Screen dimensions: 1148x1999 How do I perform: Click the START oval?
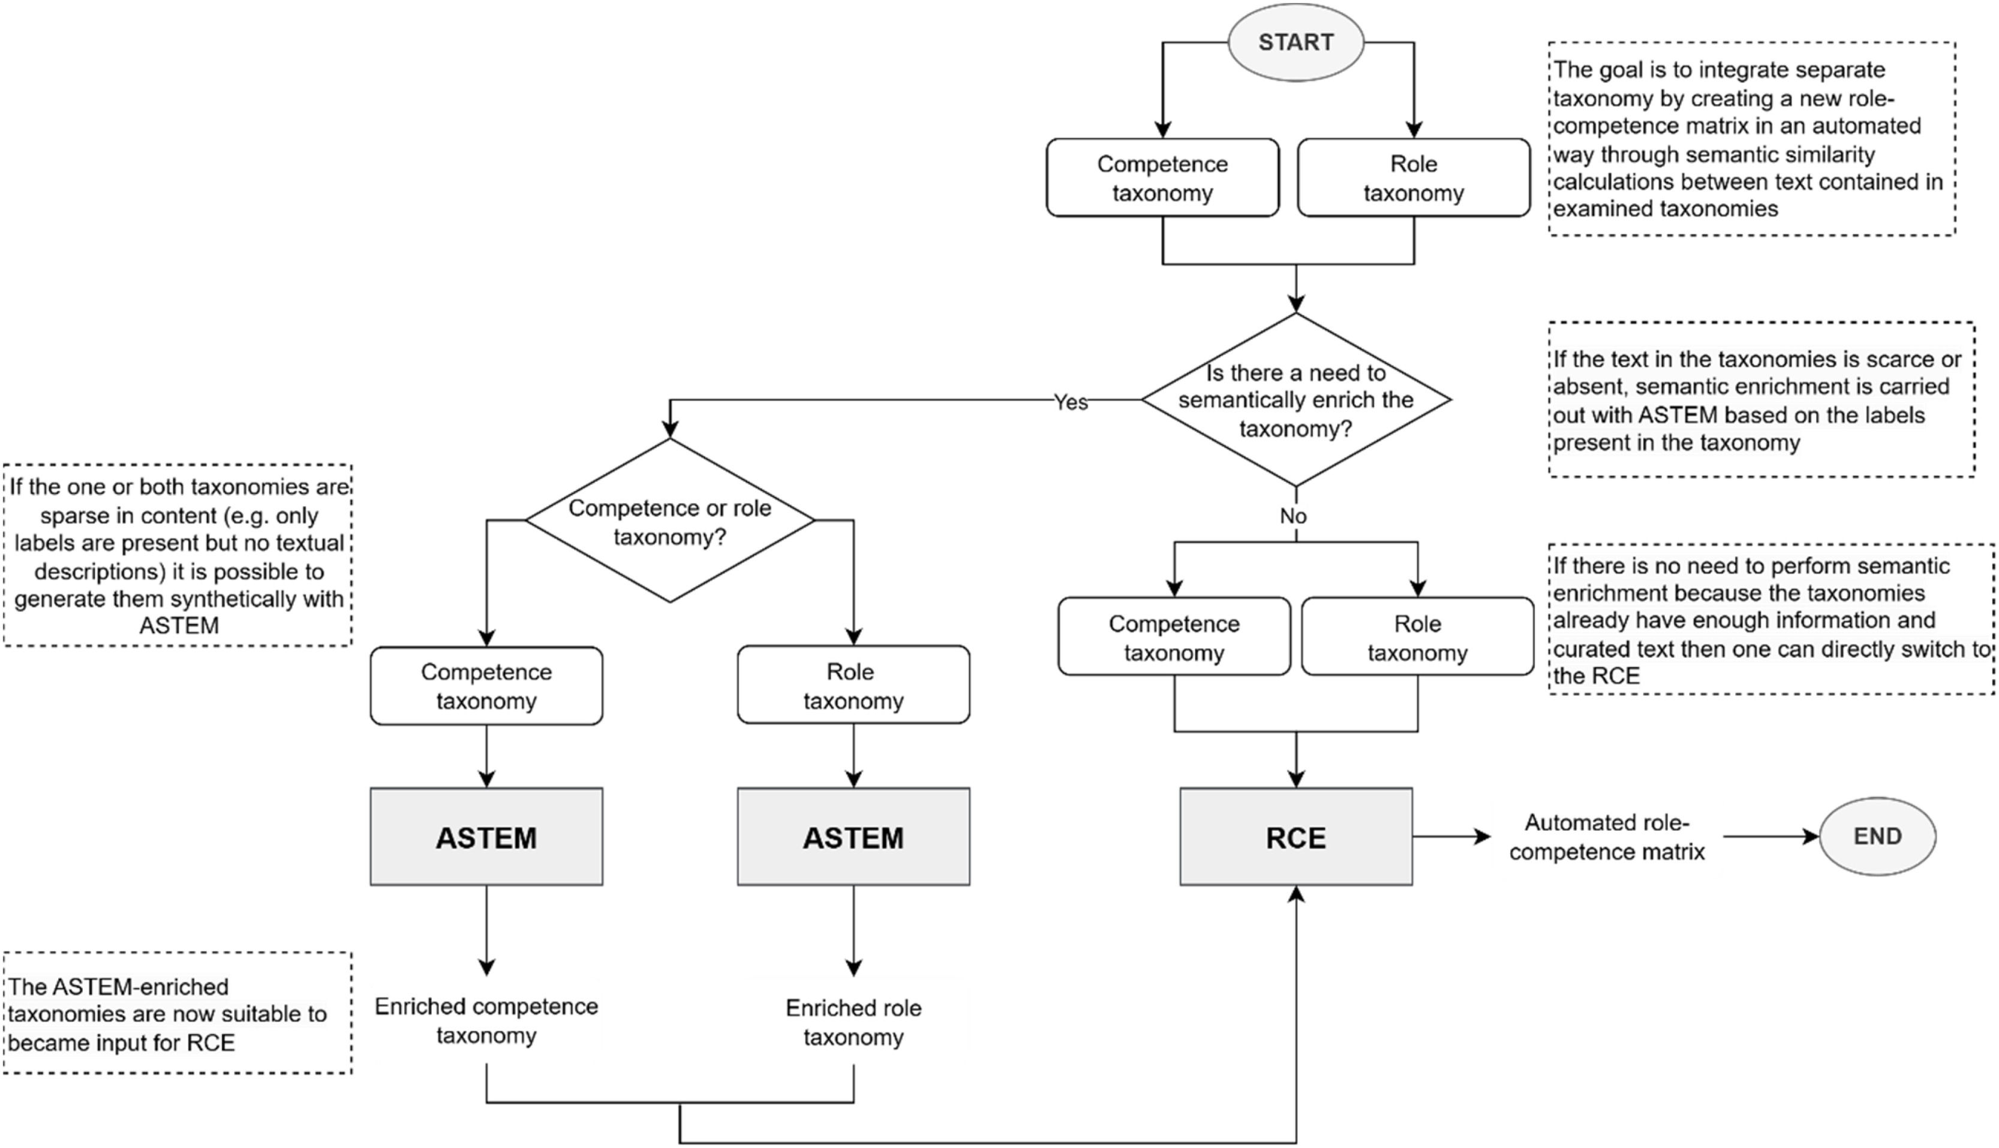(1295, 42)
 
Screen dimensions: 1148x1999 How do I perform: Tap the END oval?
(1877, 836)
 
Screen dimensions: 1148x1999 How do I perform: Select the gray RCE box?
(1295, 836)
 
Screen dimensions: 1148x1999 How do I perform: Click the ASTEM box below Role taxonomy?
(853, 836)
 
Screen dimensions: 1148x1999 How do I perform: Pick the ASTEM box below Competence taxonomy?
(486, 836)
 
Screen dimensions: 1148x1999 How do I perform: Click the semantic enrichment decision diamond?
(1295, 400)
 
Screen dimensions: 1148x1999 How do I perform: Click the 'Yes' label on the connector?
(1071, 402)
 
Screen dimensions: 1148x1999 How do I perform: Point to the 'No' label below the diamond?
(1293, 516)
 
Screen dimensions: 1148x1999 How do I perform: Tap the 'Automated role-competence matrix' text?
(1606, 836)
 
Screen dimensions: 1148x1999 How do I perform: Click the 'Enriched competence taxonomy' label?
(486, 1020)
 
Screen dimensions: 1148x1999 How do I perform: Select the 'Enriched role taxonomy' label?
(853, 1022)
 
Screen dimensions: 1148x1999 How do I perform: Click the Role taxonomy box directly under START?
(1413, 178)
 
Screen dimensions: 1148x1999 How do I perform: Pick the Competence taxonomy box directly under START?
(1162, 178)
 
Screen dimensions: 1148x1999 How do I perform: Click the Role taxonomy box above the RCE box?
(1417, 637)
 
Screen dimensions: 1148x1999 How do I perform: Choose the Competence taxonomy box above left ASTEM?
(486, 686)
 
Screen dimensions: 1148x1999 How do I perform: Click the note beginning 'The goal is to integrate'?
(1751, 138)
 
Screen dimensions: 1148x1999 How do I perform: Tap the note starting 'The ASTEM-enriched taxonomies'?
(177, 1013)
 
